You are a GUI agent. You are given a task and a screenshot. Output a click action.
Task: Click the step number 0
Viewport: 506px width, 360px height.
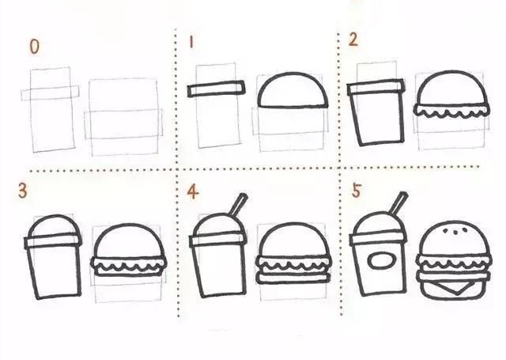34,47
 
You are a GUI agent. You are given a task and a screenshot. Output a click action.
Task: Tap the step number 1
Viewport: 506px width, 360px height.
191,42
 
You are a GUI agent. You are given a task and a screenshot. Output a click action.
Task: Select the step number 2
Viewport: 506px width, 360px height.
353,40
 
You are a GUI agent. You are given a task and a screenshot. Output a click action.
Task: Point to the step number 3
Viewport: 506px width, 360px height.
22,191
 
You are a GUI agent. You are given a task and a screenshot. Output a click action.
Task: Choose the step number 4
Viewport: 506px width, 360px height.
193,191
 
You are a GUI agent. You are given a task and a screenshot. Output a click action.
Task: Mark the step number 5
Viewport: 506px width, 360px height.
356,190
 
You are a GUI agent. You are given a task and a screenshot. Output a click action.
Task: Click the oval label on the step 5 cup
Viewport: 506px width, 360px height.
382,260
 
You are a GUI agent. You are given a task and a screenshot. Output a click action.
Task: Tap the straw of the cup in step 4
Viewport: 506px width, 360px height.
239,204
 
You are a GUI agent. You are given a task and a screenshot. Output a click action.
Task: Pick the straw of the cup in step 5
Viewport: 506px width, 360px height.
398,203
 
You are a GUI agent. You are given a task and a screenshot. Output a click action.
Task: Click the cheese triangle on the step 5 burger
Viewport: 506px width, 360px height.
456,286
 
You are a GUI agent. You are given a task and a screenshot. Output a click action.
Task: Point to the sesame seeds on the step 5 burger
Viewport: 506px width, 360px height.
455,231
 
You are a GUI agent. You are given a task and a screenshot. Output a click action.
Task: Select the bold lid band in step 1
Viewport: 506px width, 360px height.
216,89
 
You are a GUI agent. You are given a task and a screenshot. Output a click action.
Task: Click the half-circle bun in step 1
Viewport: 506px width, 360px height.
293,89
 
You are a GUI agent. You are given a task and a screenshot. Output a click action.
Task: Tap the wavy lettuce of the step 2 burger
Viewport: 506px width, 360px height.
451,111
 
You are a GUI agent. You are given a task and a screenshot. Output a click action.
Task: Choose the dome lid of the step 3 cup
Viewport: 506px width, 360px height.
54,226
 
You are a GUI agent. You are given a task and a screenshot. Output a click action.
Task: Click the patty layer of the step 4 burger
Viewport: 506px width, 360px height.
293,278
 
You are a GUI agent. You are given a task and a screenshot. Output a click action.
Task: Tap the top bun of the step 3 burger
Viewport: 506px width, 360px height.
128,241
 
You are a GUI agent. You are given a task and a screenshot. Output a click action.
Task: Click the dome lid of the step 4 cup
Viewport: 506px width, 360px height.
218,225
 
